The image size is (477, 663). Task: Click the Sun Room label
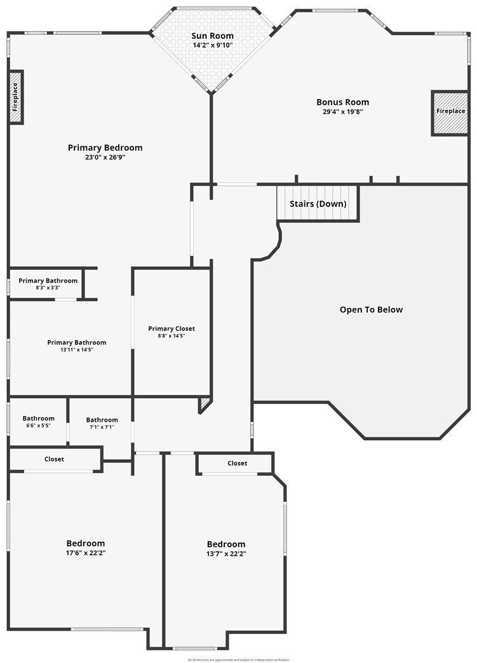213,36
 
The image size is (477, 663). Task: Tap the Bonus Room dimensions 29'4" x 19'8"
342,112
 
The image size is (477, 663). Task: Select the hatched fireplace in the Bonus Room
450,112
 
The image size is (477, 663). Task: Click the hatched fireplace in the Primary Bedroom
16,97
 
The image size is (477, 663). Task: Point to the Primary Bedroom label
105,148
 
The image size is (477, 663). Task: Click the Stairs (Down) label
318,204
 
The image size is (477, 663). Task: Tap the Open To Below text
371,310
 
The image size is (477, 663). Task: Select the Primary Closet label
171,328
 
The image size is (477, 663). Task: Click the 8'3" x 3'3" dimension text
48,288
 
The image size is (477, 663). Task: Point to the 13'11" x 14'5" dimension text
77,349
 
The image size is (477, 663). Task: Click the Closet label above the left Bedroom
54,459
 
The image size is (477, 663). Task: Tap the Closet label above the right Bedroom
238,464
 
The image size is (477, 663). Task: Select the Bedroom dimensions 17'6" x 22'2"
86,553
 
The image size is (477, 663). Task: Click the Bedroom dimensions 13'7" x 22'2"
226,554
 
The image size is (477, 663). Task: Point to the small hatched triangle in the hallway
204,404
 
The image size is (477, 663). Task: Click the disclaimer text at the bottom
238,660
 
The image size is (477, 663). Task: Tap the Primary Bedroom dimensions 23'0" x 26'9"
105,157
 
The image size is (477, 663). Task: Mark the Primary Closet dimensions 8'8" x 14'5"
171,336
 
